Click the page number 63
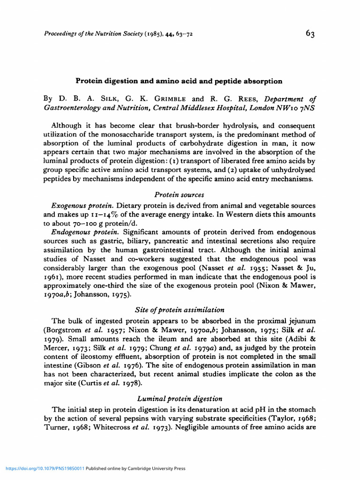pos(310,33)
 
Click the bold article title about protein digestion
pos(180,81)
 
